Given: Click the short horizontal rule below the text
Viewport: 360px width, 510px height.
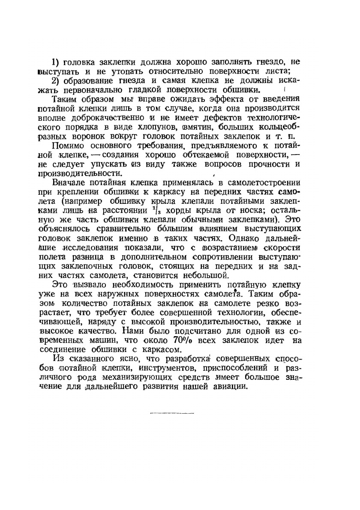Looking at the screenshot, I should [172, 414].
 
